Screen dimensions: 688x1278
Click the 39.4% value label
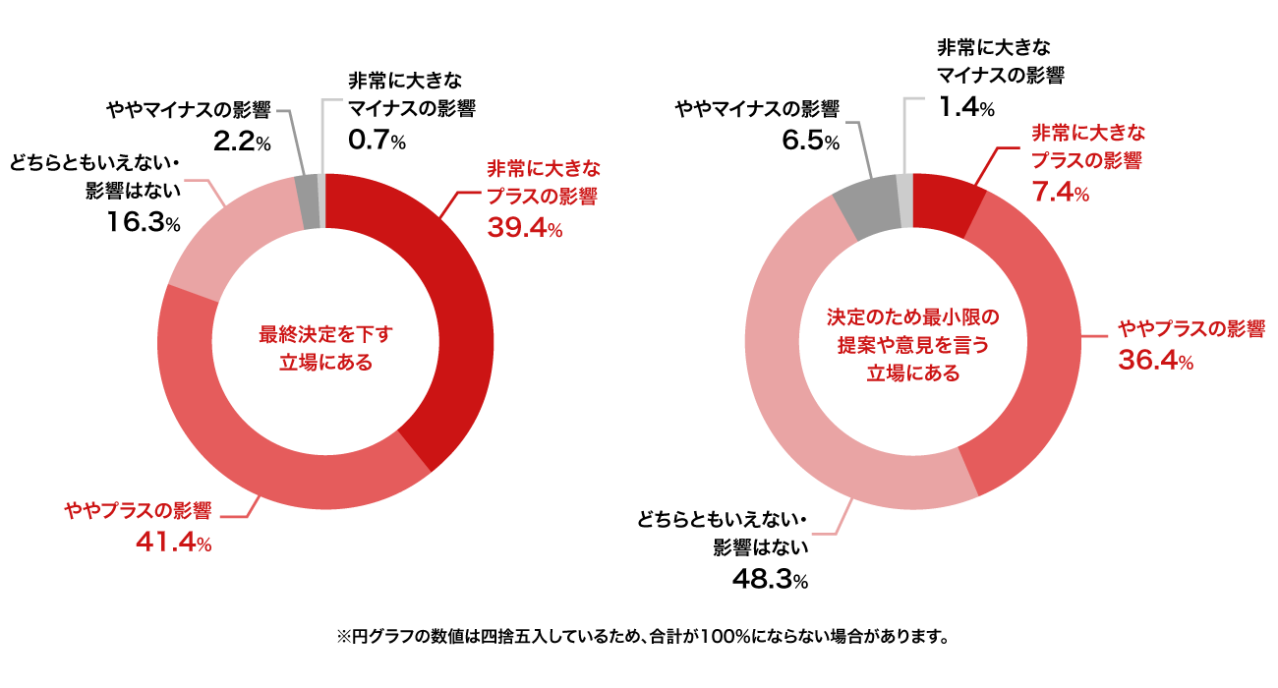click(x=525, y=230)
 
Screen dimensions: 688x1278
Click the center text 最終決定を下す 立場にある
click(x=325, y=348)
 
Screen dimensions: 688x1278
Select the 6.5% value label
click(x=810, y=143)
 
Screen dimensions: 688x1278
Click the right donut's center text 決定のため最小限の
click(x=913, y=318)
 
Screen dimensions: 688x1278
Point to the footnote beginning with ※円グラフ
click(x=643, y=636)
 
